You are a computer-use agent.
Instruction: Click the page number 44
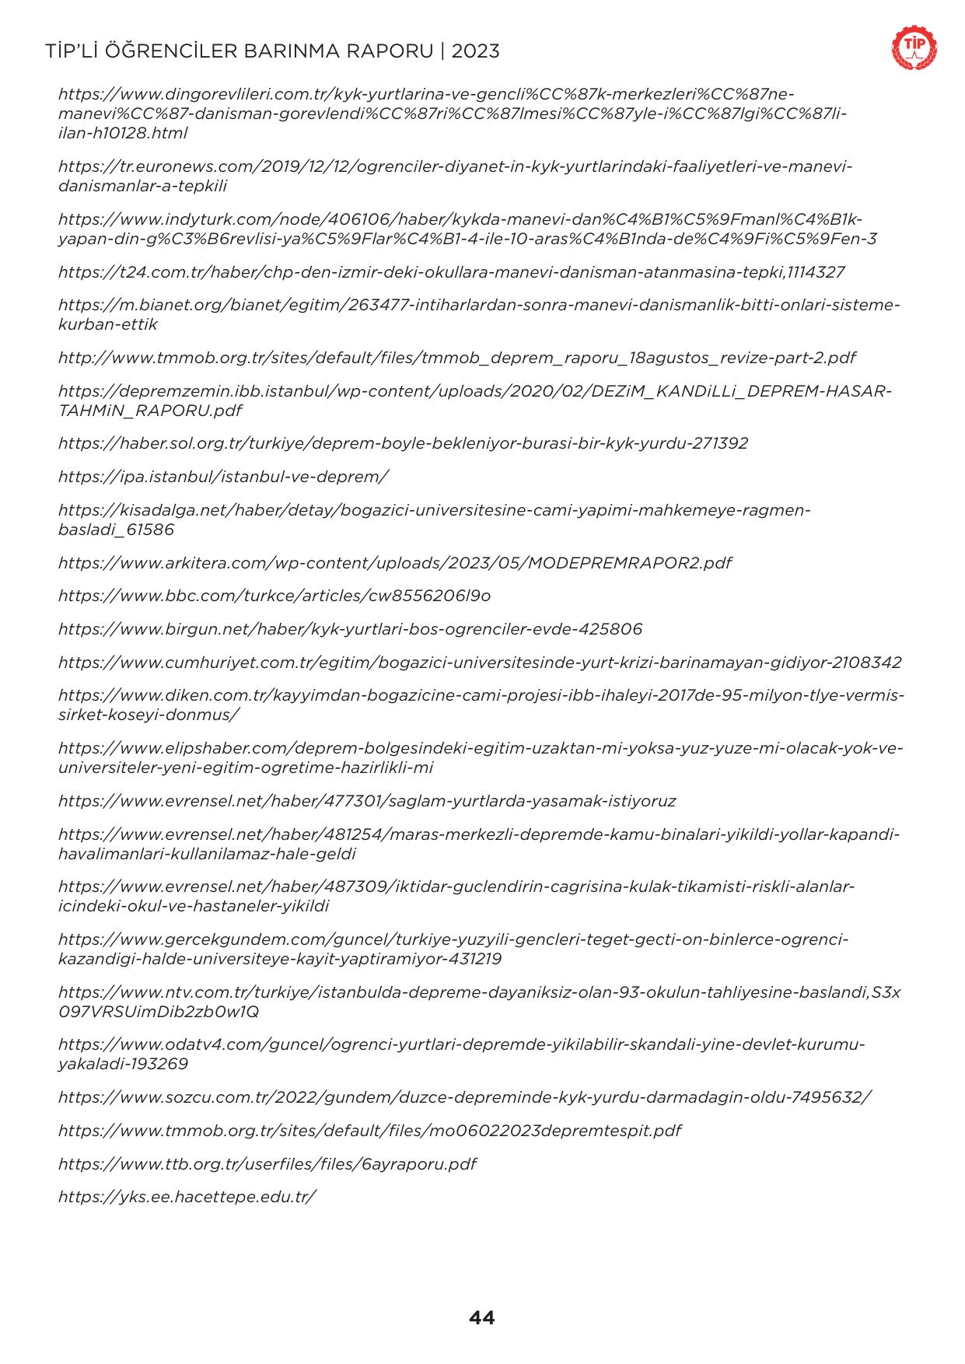point(481,1317)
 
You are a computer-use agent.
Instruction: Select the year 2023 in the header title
point(475,51)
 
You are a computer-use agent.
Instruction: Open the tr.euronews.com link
point(455,166)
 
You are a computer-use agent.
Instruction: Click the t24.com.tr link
point(451,272)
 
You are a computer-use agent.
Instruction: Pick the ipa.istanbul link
point(223,476)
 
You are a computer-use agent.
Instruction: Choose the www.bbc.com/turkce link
point(274,596)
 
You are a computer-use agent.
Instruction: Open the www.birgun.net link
point(350,628)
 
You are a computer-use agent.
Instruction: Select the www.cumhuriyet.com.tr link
point(480,663)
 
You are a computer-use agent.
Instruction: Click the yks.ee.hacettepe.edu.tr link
point(187,1197)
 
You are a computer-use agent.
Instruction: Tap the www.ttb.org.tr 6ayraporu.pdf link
point(267,1164)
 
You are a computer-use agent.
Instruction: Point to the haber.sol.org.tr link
point(403,443)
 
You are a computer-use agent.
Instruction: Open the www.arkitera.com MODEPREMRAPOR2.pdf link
point(394,562)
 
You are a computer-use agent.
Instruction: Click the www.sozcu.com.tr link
point(464,1097)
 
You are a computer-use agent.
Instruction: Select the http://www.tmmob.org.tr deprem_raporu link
point(456,358)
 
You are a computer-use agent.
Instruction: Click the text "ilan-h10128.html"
point(123,133)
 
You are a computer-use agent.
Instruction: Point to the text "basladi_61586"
point(116,530)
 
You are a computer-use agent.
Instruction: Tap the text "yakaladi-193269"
point(123,1063)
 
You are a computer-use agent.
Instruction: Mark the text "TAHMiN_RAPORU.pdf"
point(150,410)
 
